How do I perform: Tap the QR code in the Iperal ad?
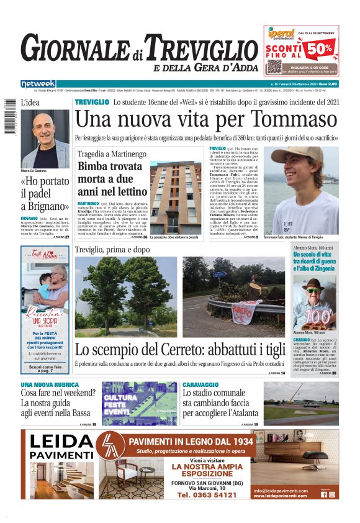(274, 66)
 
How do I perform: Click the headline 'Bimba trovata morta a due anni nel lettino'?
(110, 180)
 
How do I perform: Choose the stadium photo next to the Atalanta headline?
(300, 403)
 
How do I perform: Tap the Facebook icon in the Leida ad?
(324, 494)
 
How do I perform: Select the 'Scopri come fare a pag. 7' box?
(45, 368)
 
